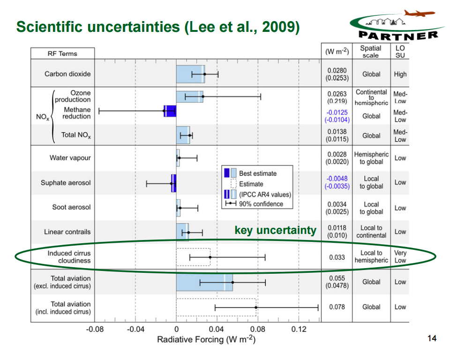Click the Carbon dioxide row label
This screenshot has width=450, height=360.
[x=67, y=74]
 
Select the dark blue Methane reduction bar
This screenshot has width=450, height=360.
[x=170, y=111]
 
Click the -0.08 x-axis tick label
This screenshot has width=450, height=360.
[x=95, y=330]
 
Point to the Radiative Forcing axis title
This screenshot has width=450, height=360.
[x=206, y=339]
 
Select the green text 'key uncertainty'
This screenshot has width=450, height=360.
[x=275, y=230]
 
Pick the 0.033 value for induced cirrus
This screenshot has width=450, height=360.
[x=337, y=257]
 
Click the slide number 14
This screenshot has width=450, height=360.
[x=432, y=338]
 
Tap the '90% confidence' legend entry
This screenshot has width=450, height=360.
[x=261, y=204]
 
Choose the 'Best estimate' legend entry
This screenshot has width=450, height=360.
[x=258, y=173]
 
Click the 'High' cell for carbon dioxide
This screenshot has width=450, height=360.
[x=400, y=74]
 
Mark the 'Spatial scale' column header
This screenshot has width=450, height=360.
[x=370, y=52]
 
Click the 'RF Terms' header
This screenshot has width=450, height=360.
[x=62, y=53]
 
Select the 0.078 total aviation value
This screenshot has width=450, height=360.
[x=337, y=307]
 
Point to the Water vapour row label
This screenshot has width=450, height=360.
[x=70, y=158]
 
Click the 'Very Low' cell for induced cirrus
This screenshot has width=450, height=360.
[x=400, y=256]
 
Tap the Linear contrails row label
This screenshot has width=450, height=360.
[x=67, y=232]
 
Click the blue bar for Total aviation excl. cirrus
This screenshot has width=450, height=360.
[x=204, y=282]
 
